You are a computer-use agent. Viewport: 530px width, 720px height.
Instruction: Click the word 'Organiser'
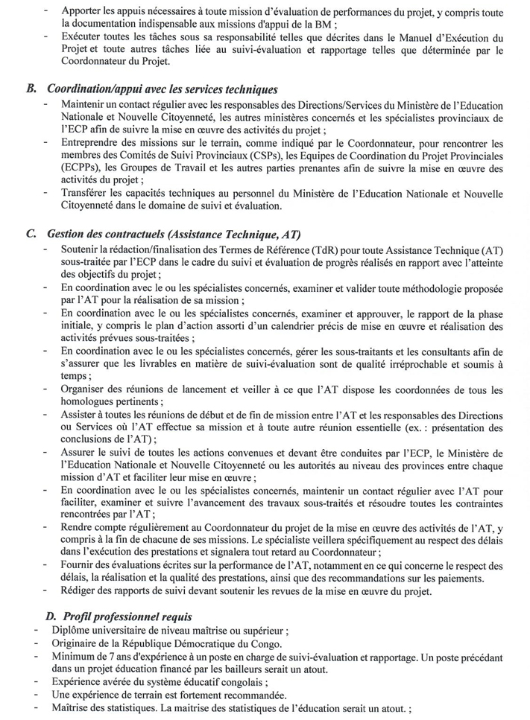[84, 390]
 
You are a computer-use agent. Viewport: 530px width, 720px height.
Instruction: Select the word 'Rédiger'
[81, 590]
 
